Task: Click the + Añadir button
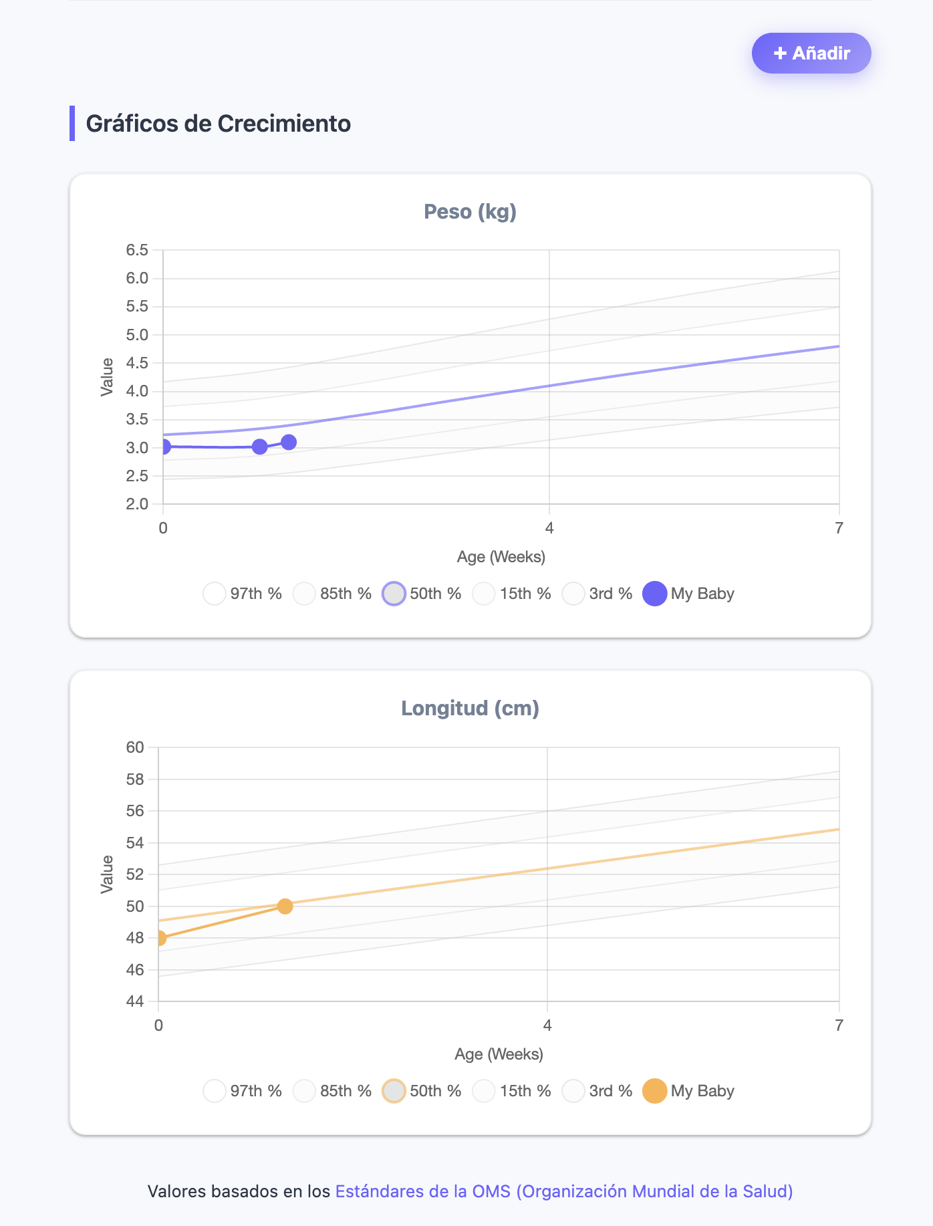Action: pos(811,53)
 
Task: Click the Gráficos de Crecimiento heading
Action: pos(218,124)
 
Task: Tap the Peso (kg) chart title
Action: pos(471,212)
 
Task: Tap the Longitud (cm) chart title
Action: pos(471,709)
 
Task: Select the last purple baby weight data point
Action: pos(289,442)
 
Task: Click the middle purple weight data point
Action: pos(260,447)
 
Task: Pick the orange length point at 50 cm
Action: pos(285,906)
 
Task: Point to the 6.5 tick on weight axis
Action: pos(137,250)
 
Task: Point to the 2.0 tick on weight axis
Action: pos(137,504)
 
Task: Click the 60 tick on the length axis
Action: pos(135,747)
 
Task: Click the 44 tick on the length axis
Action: pos(135,1001)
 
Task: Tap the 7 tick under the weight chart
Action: pos(839,529)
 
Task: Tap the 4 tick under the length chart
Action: pos(547,1025)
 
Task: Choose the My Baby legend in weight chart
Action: pos(688,594)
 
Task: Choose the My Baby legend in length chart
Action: pos(688,1091)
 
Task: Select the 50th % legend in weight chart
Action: pos(422,594)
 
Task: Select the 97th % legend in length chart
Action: pos(243,1091)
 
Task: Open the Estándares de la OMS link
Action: pos(564,1191)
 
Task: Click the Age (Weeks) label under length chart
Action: pos(499,1054)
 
